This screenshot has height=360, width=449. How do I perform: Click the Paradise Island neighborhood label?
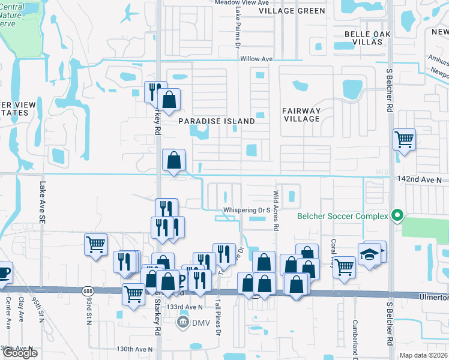click(217, 121)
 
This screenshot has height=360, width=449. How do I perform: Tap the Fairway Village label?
click(301, 115)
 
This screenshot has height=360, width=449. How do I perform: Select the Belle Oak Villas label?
click(364, 38)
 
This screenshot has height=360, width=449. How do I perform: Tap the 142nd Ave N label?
click(419, 179)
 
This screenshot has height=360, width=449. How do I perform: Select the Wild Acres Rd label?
click(276, 211)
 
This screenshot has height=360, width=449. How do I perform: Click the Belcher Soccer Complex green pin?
click(396, 215)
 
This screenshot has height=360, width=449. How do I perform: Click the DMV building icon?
click(182, 323)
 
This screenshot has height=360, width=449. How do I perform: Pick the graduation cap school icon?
click(370, 254)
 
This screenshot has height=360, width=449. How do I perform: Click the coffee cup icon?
click(4, 272)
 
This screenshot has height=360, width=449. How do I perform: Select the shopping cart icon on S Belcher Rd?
click(404, 140)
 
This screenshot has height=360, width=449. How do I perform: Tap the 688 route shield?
click(88, 291)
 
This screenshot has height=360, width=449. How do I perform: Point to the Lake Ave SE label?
click(43, 204)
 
